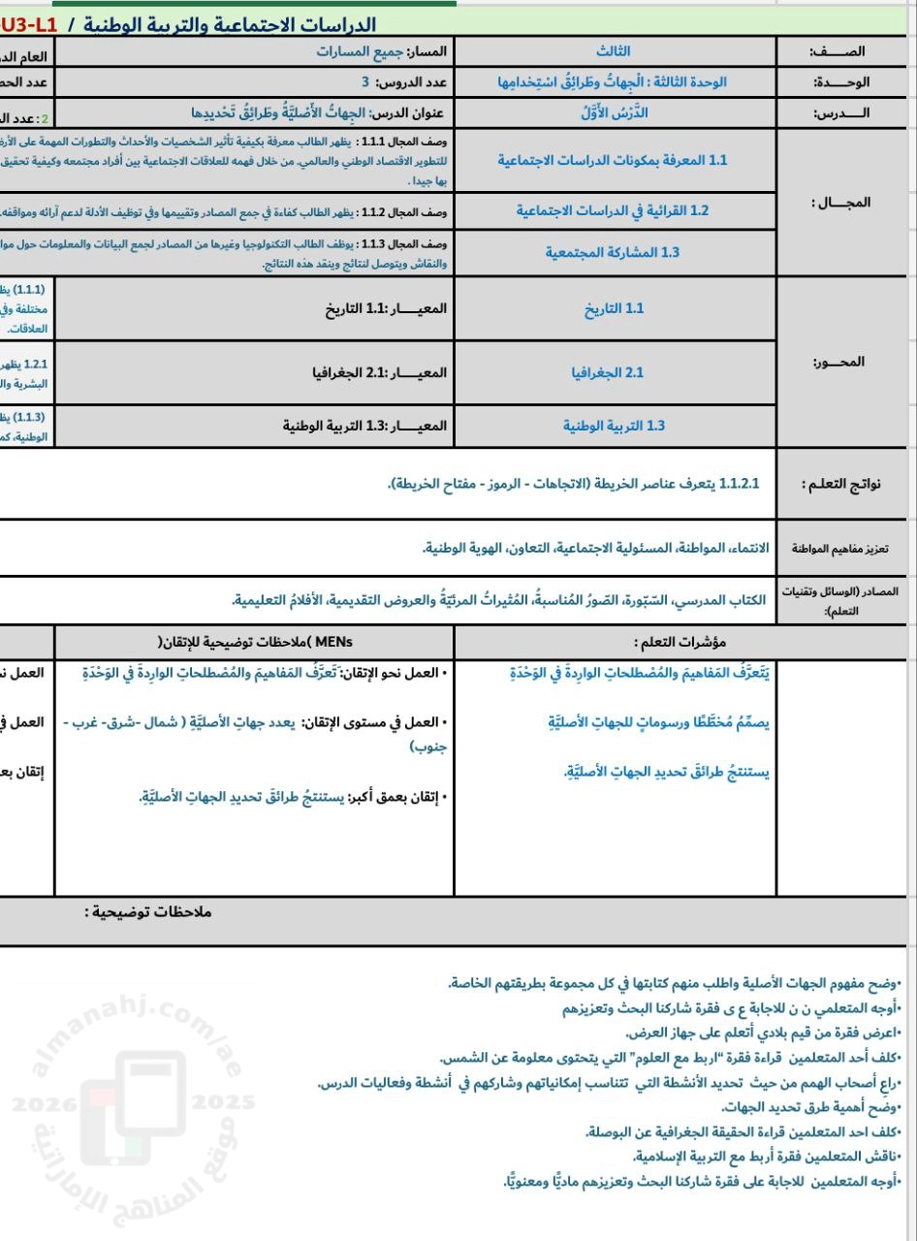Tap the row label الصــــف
842,51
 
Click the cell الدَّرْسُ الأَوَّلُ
614,112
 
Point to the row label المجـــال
840,203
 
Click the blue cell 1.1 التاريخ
614,308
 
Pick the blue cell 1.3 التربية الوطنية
614,425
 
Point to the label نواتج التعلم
840,484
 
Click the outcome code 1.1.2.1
740,484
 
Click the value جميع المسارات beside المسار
359,51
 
